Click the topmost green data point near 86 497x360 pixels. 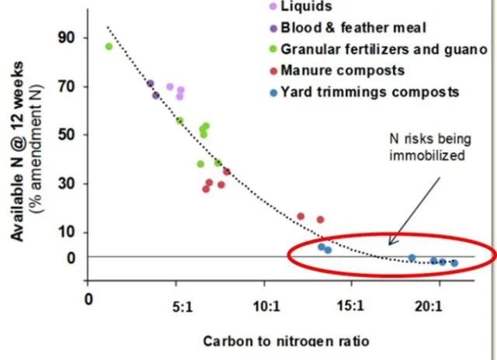coord(109,47)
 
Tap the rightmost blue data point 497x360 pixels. coord(454,264)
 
